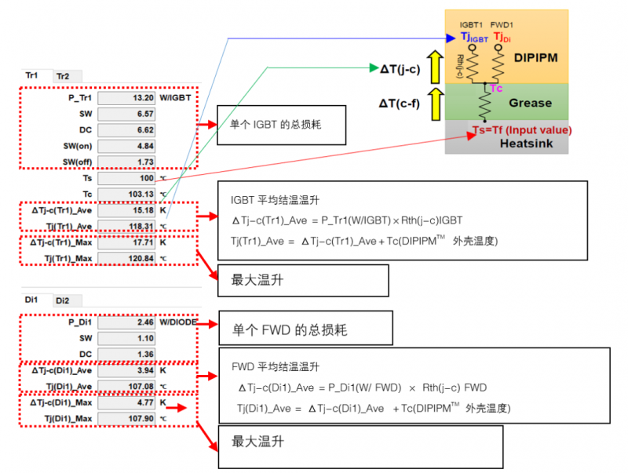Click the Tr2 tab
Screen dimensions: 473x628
pos(63,76)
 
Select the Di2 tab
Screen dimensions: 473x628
pos(63,300)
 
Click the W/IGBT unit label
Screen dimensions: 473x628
pos(176,98)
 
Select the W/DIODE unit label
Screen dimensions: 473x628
pos(180,322)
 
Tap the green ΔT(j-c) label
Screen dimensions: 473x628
pos(401,68)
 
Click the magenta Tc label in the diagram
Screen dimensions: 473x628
pos(496,89)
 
